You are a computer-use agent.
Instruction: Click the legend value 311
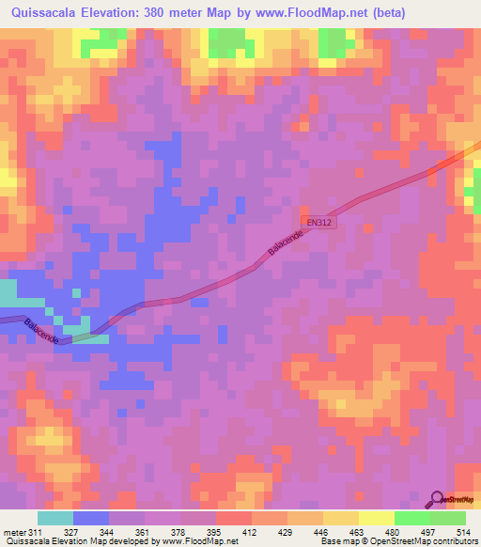pyautogui.click(x=36, y=533)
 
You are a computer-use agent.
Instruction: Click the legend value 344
pyautogui.click(x=109, y=533)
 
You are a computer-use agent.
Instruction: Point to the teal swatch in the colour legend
pyautogui.click(x=54, y=518)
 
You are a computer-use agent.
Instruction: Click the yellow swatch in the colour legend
pyautogui.click(x=376, y=518)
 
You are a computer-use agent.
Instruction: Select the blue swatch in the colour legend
pyautogui.click(x=90, y=518)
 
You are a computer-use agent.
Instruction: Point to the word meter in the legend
pyautogui.click(x=13, y=533)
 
